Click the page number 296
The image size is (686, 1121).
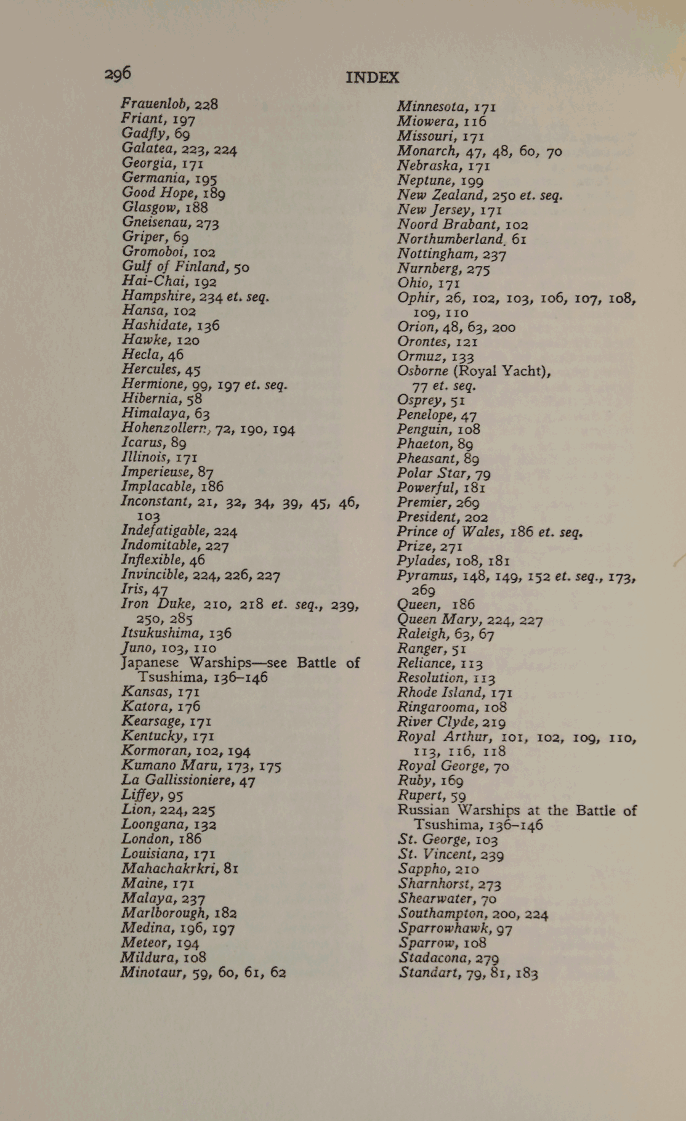[118, 74]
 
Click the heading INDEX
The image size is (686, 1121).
[372, 78]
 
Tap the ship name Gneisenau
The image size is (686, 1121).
[156, 222]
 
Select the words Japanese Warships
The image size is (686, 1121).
[185, 663]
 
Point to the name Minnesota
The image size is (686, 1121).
[431, 107]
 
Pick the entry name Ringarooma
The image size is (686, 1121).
[435, 708]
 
